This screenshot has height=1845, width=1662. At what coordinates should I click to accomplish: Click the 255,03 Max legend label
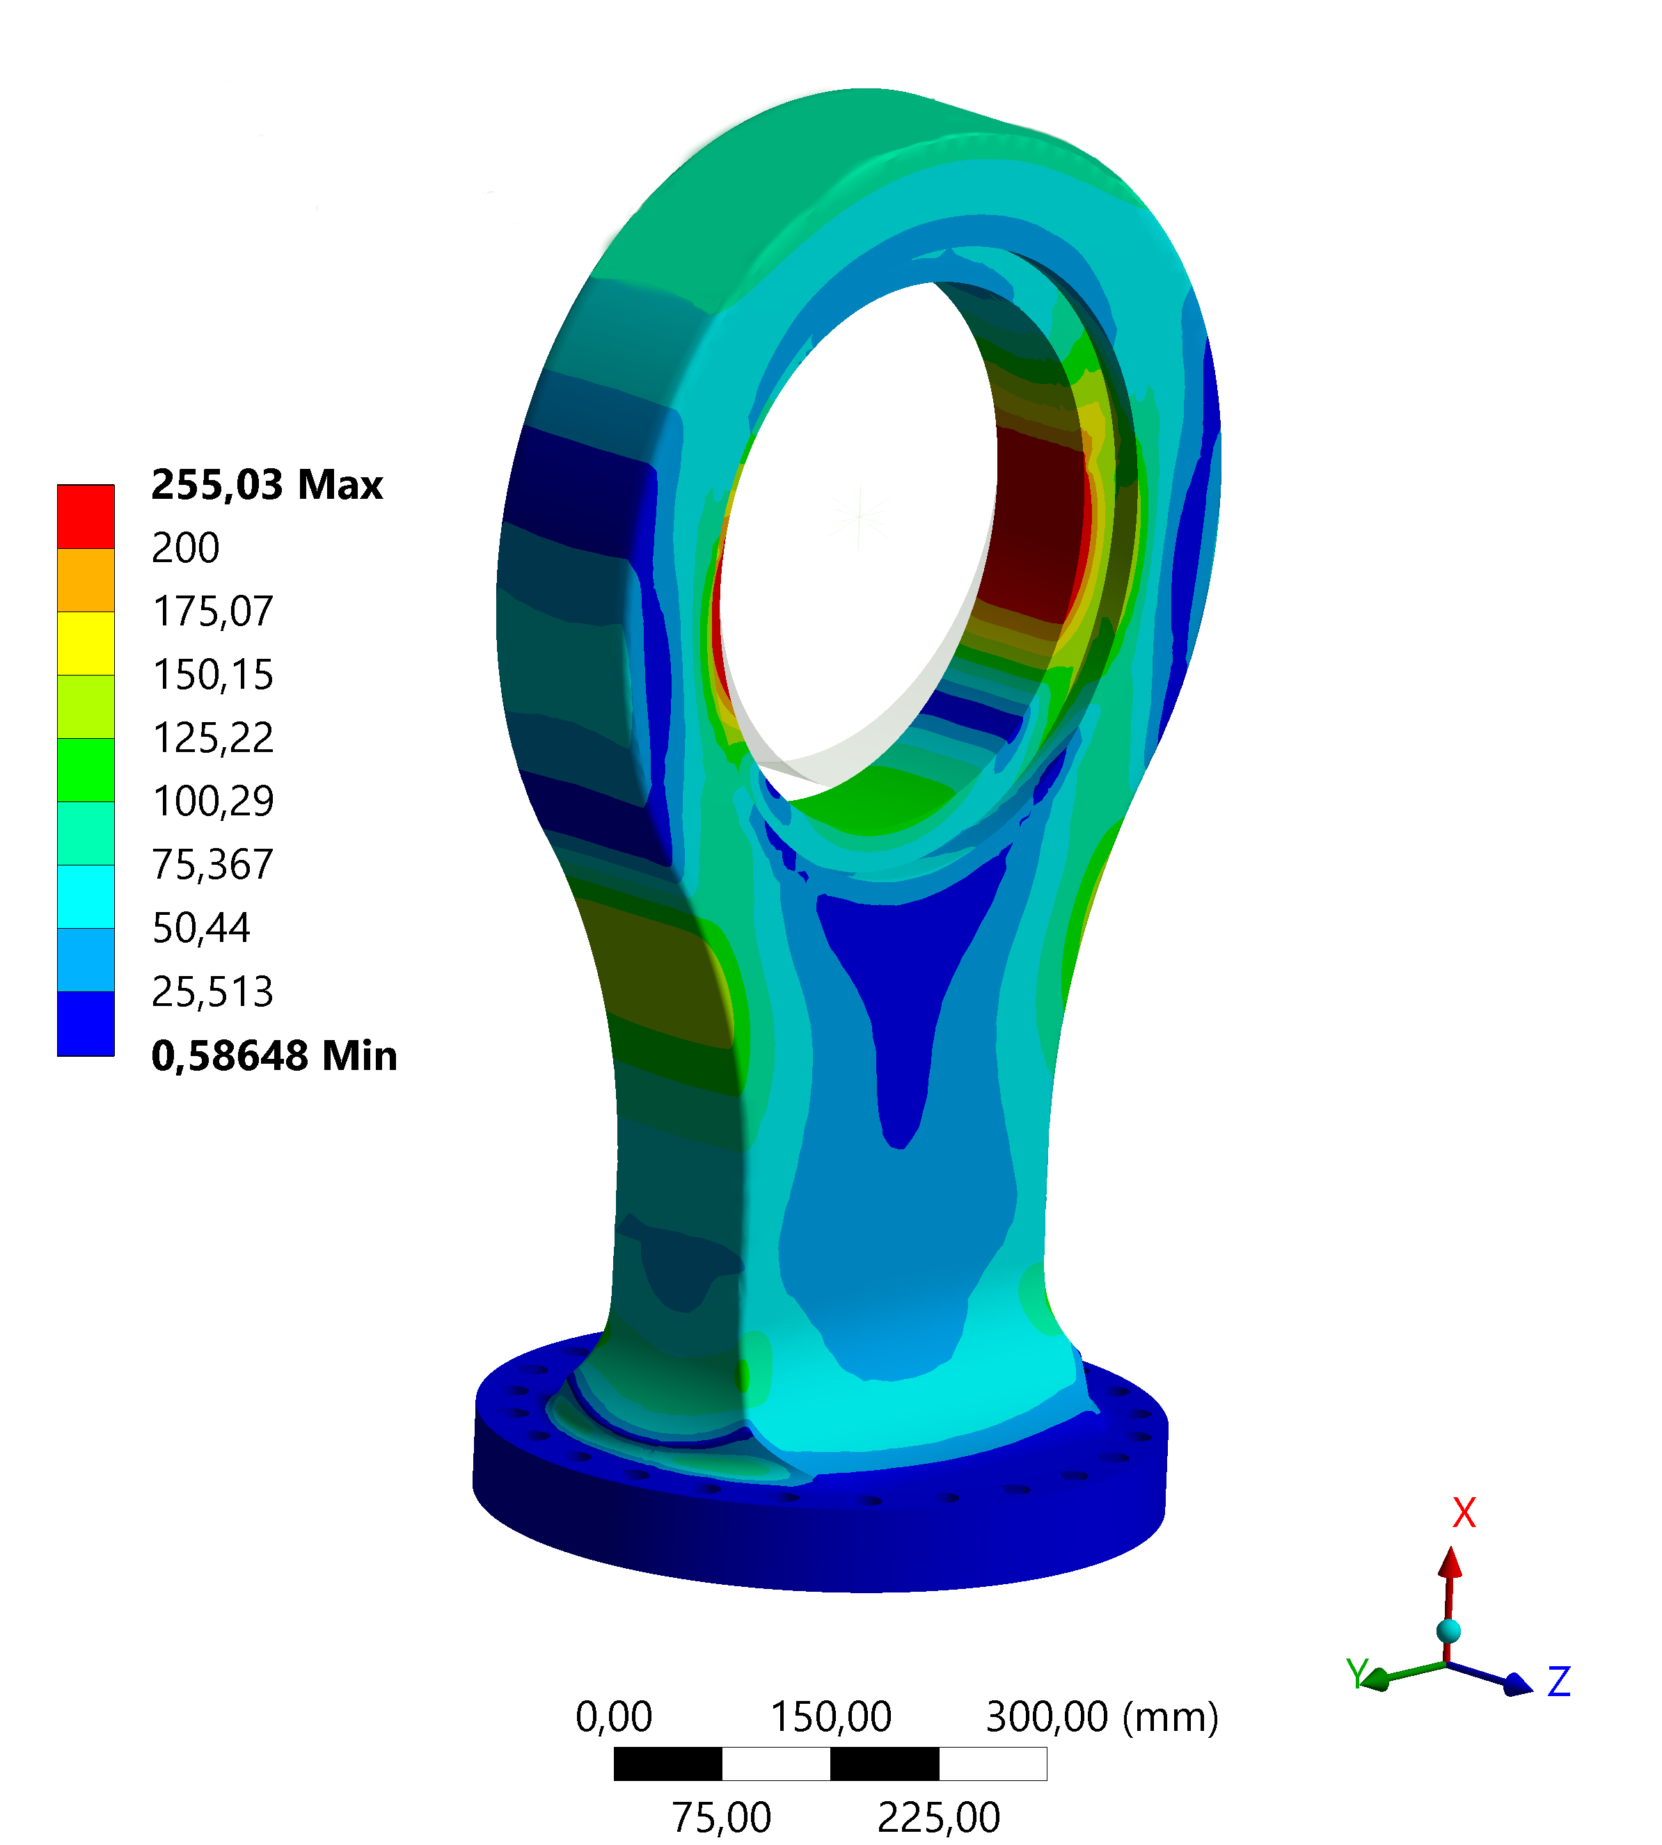(266, 485)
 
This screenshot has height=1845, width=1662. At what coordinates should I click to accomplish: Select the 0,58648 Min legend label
(274, 1055)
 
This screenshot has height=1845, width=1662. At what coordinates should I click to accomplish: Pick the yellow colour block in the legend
(86, 643)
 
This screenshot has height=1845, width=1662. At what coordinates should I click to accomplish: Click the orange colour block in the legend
(86, 580)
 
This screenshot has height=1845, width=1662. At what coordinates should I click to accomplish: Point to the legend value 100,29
(213, 801)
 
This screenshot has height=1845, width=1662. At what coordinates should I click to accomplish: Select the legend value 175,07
(213, 612)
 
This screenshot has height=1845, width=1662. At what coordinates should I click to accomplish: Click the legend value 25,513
(213, 992)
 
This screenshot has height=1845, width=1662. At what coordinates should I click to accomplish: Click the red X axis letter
(1464, 1514)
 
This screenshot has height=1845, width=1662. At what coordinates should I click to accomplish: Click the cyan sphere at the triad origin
(1448, 1631)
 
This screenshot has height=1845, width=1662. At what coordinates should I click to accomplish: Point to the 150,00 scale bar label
(830, 1717)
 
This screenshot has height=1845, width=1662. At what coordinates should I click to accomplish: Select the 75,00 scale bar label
(722, 1818)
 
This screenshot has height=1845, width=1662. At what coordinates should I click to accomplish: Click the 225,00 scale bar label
(939, 1818)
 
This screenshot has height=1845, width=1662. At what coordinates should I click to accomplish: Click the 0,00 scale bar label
(614, 1717)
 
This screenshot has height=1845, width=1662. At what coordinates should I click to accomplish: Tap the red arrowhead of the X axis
(1450, 1564)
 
